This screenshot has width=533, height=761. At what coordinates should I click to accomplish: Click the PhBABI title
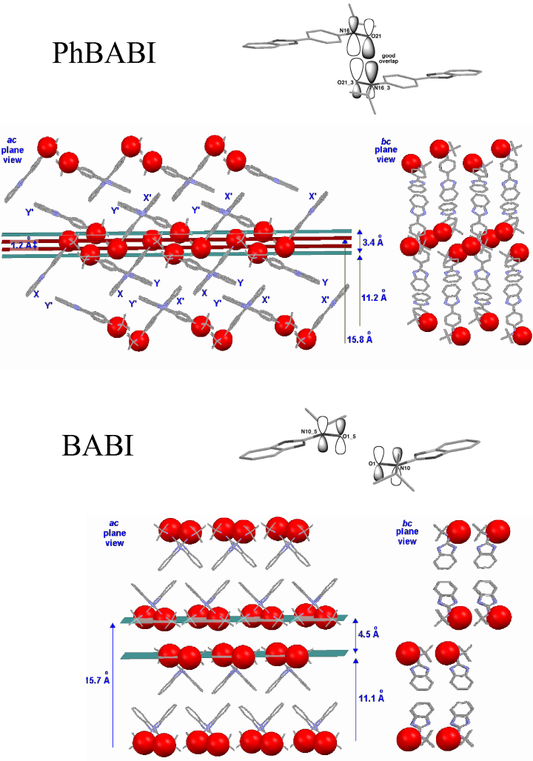click(104, 53)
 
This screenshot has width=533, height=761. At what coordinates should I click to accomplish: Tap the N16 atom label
click(344, 30)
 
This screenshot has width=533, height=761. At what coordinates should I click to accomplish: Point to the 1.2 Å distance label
click(20, 243)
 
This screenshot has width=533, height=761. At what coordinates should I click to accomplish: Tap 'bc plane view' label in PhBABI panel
click(386, 150)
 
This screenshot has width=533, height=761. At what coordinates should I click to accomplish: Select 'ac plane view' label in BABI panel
click(113, 533)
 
